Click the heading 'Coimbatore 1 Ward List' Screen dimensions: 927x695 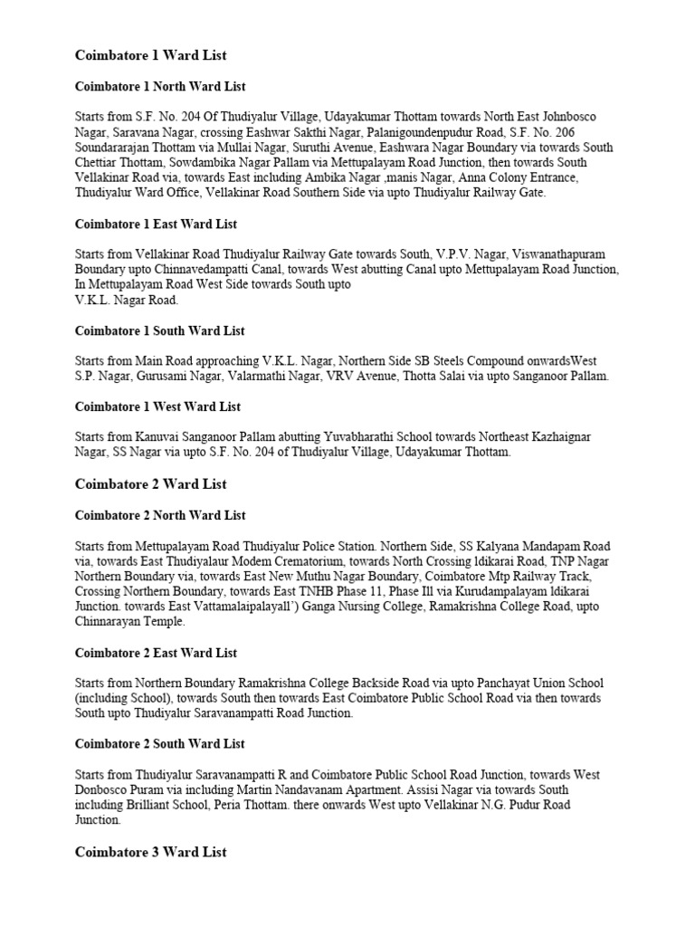150,55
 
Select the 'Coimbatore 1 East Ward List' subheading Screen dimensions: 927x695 156,224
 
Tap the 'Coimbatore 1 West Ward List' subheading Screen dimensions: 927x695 157,406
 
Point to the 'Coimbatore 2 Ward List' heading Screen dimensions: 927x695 150,484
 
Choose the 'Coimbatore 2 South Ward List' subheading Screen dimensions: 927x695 159,743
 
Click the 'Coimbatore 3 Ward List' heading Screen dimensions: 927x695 150,852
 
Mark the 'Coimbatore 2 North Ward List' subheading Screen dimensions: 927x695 160,515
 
